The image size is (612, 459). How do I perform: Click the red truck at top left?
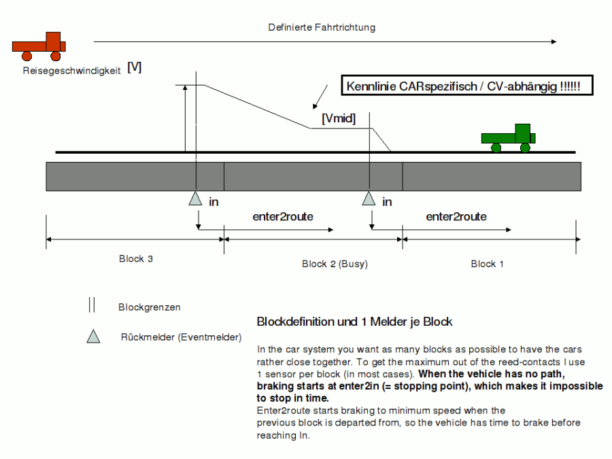pos(39,45)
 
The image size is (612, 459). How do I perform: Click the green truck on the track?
pos(508,137)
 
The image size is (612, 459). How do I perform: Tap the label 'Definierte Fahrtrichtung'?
pos(322,28)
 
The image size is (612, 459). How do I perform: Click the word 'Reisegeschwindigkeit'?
pos(71,69)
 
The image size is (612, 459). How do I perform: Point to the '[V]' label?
pos(134,68)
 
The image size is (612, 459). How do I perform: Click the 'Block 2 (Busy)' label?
pos(334,264)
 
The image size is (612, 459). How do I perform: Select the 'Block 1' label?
pos(488,264)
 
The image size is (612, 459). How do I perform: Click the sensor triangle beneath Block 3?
pos(195,199)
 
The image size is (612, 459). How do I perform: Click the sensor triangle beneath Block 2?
pos(369,199)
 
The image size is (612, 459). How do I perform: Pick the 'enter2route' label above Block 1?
pos(456,217)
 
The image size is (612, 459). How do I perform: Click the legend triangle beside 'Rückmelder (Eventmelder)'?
pos(94,336)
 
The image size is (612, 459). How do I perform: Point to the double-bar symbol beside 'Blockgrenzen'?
pos(91,305)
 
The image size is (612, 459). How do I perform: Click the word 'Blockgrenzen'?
pos(150,307)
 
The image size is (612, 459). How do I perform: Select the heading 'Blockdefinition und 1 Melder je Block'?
pos(354,322)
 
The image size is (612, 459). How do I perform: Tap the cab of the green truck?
pos(522,132)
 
